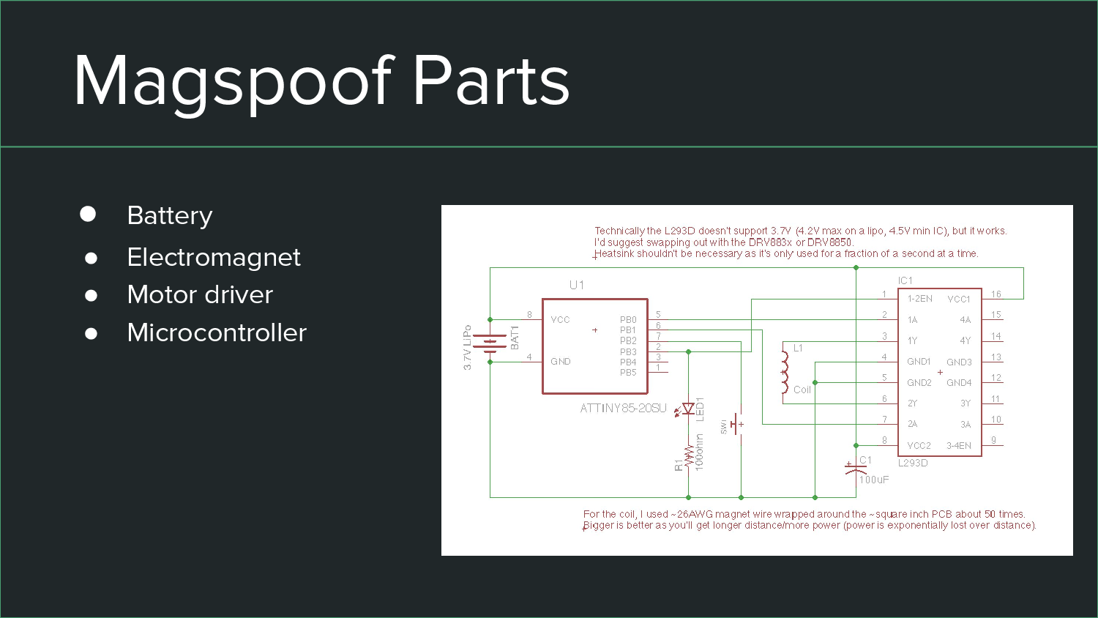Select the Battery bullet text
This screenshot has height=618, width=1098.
169,216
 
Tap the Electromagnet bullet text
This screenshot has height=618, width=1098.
213,258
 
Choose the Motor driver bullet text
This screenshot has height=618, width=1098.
200,295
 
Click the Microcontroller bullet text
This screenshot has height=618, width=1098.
217,333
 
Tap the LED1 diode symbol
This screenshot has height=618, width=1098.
688,409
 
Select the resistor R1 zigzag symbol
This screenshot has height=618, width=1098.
689,456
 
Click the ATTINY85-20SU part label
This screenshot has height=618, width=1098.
623,409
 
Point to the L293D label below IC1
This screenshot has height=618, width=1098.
913,463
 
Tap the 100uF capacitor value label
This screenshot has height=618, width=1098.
874,480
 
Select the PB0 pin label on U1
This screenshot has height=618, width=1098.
628,320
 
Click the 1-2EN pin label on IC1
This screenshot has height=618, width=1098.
920,299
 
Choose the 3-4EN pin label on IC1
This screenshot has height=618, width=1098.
959,446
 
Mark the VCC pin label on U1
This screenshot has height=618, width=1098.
560,320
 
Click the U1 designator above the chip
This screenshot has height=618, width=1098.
577,285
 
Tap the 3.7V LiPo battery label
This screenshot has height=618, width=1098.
467,348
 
